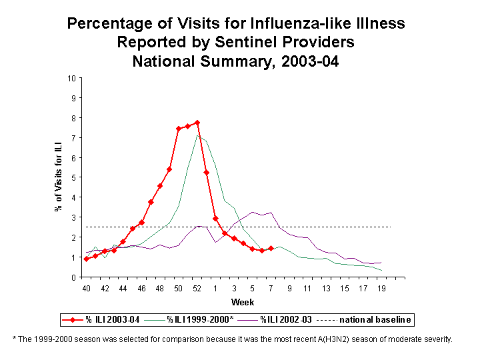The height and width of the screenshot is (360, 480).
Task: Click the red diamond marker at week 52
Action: (197, 123)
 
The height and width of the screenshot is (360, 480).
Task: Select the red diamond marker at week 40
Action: (86, 259)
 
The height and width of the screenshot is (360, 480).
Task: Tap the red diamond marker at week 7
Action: (271, 248)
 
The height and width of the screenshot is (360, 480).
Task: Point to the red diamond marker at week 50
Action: (179, 129)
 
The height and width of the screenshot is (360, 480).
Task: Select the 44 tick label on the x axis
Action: (123, 288)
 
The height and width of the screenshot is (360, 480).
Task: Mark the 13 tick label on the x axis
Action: (326, 288)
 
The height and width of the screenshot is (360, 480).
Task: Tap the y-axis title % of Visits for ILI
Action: (58, 177)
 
